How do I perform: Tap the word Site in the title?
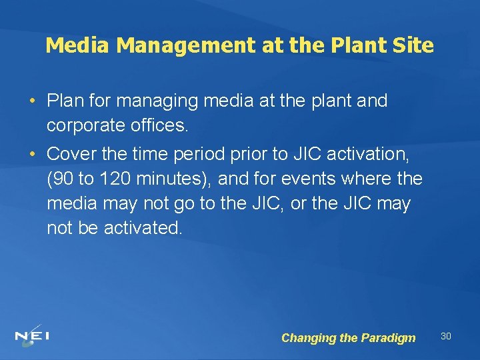click(414, 46)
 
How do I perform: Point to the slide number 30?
click(446, 336)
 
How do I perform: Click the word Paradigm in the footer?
click(388, 338)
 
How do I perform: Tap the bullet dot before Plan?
click(33, 101)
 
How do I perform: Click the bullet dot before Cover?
click(33, 154)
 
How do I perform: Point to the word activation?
click(368, 153)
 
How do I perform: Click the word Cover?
click(72, 153)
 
